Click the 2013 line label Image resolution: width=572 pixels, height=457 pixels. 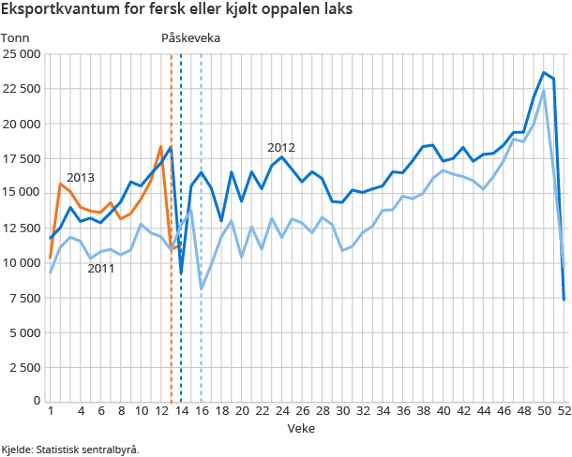tap(81, 178)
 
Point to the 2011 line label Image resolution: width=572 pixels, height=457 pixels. tap(101, 269)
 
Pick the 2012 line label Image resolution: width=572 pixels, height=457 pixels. tap(281, 147)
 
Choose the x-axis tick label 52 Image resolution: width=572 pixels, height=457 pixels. tap(564, 411)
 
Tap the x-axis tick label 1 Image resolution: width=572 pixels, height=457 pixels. tap(51, 411)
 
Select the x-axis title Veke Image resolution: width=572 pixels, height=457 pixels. tap(301, 429)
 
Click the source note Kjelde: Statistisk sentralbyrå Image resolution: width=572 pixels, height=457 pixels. tap(70, 450)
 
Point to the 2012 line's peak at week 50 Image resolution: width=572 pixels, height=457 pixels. tap(544, 72)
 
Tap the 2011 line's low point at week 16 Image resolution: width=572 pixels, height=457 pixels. tap(202, 288)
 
